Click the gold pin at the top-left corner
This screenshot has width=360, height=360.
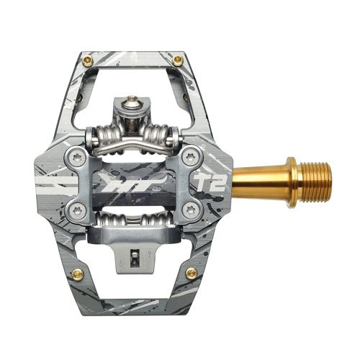[x=88, y=61]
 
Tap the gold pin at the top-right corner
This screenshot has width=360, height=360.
[x=178, y=60]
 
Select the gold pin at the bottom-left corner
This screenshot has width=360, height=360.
[x=78, y=274]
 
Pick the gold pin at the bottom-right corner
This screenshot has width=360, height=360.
[x=192, y=274]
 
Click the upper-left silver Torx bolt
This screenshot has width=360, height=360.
[x=77, y=158]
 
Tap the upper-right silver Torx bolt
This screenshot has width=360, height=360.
[x=191, y=158]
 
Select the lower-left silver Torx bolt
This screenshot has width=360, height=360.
[x=77, y=210]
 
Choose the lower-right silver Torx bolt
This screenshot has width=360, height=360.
[x=191, y=210]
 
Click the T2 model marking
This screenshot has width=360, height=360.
[x=210, y=182]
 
